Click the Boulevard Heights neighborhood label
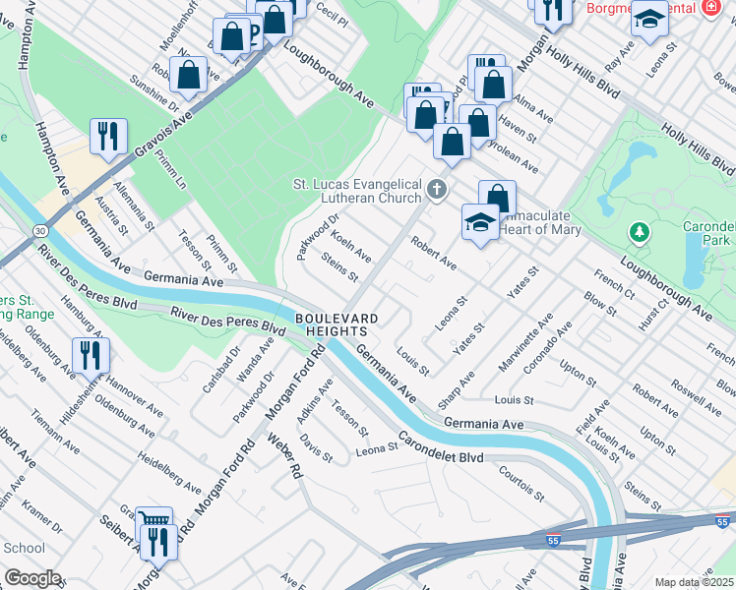pos(337,325)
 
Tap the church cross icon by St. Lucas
pos(437,187)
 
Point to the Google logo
pos(32,578)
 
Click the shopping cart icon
pos(153,521)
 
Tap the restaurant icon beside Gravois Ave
pos(108,135)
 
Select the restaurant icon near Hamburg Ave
pos(91,354)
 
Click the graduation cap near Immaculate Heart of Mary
pos(479,220)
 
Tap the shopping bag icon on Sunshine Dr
pos(187,73)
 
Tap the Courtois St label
pos(521,484)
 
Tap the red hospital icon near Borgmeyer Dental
pos(711,7)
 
